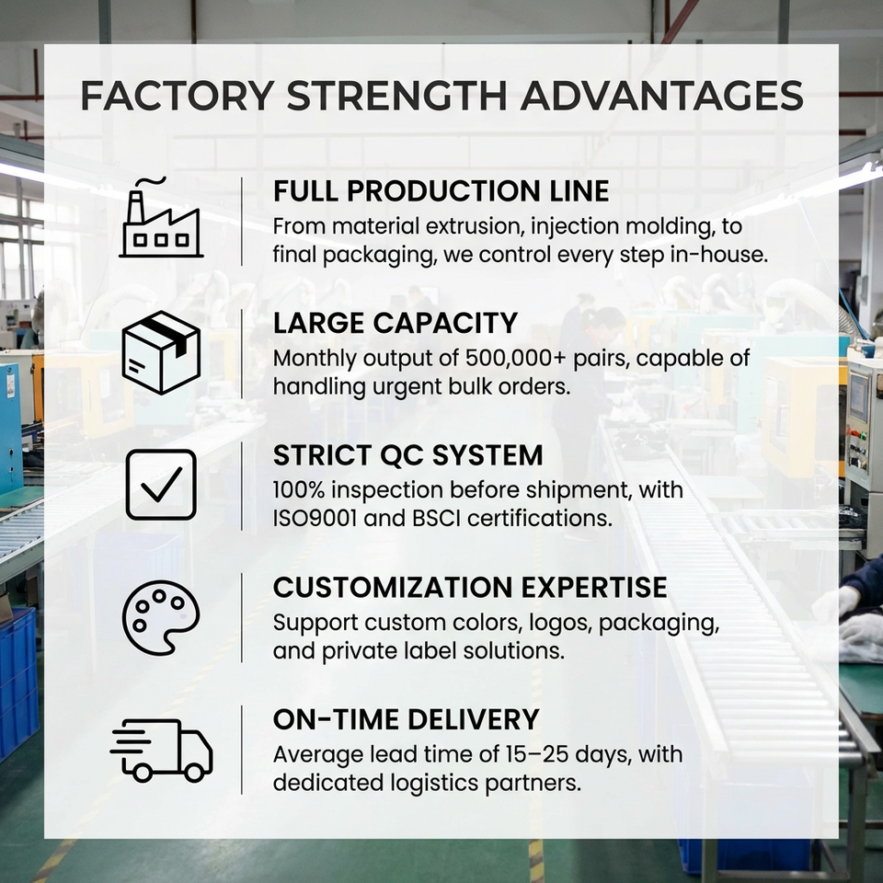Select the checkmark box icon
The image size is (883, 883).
[x=161, y=485]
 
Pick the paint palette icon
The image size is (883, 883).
[x=161, y=617]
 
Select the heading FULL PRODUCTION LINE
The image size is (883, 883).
[x=441, y=190]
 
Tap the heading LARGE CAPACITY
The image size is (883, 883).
[x=396, y=323]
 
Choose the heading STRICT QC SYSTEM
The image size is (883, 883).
[x=407, y=455]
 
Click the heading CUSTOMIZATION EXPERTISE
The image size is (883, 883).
[x=470, y=587]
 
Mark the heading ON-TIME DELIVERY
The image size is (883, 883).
[x=406, y=719]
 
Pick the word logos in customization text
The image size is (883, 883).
[x=561, y=623]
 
